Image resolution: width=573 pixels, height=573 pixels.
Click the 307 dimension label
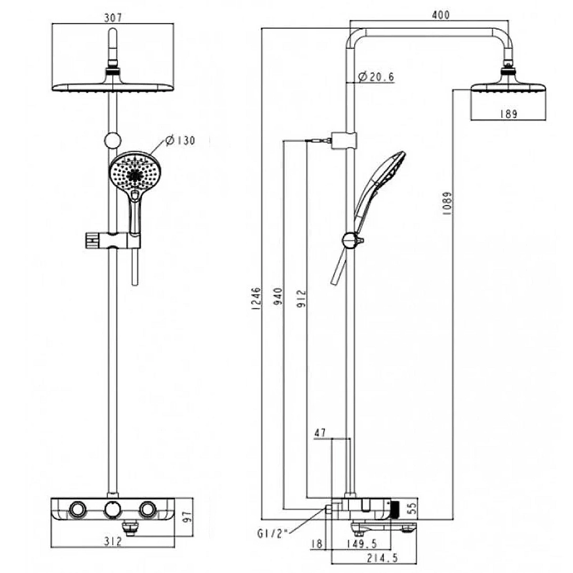(113, 17)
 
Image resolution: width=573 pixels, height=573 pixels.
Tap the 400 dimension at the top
(441, 15)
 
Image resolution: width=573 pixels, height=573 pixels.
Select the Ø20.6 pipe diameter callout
(376, 77)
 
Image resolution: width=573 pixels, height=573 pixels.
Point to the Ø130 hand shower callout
(180, 140)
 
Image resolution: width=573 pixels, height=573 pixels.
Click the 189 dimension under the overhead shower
(509, 114)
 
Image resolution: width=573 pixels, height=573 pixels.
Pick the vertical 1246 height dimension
(257, 299)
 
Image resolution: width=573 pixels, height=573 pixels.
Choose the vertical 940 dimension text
(278, 296)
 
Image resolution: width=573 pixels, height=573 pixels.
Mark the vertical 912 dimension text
(301, 298)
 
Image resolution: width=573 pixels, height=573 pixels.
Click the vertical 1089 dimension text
(447, 203)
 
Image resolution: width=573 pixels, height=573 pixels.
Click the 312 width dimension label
(112, 541)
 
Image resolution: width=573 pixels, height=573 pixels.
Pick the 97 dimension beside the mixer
(187, 517)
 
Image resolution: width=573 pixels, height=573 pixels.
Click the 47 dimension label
(320, 433)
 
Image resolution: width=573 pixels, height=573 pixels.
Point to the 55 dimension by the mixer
(411, 508)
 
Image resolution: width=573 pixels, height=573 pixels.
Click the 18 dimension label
(317, 543)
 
